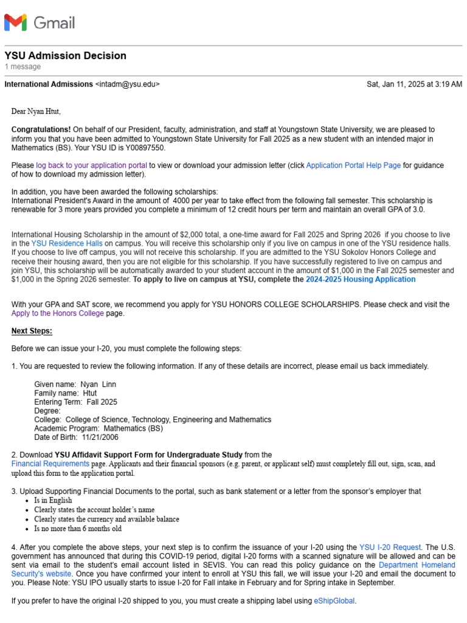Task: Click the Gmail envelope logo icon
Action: coord(16,23)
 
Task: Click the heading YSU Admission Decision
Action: coord(66,56)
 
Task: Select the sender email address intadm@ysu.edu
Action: coord(128,85)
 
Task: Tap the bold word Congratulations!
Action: coord(41,130)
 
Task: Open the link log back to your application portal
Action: coord(91,165)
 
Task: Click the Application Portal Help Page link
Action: coord(353,165)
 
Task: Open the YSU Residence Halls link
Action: coord(66,243)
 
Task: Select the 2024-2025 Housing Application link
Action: coord(361,279)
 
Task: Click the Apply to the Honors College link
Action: coord(58,313)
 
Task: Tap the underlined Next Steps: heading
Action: coord(32,331)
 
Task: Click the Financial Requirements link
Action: coord(50,464)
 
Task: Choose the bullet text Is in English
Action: coord(53,500)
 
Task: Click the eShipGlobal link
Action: coord(334,600)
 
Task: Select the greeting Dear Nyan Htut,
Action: coord(36,112)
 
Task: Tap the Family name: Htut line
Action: coord(66,393)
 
